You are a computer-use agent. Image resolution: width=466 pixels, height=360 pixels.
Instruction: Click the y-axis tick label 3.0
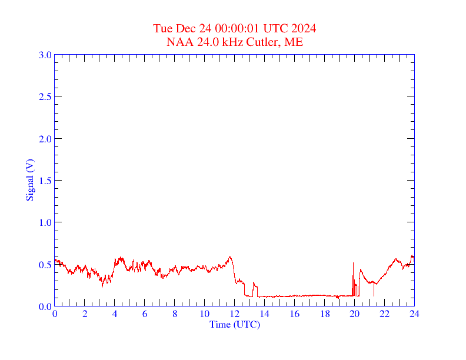click(x=45, y=55)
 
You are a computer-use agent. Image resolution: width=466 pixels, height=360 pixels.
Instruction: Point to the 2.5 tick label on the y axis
click(x=45, y=96)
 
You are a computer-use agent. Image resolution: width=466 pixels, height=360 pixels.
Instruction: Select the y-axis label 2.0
click(x=45, y=139)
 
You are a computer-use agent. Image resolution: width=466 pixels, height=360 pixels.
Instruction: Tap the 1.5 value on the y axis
click(x=45, y=181)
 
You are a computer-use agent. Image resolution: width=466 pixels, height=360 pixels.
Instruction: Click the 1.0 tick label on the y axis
click(x=45, y=222)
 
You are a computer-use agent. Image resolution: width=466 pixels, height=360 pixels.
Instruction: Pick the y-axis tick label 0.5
click(x=45, y=265)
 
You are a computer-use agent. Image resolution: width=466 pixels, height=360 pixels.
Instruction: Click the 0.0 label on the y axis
click(x=45, y=306)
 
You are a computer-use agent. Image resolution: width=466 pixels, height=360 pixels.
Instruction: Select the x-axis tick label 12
click(x=234, y=315)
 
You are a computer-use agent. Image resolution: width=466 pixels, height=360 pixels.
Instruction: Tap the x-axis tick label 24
click(x=414, y=315)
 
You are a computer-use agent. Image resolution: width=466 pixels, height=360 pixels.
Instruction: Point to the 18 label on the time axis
click(x=324, y=315)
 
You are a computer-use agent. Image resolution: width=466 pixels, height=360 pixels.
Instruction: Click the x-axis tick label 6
click(x=145, y=315)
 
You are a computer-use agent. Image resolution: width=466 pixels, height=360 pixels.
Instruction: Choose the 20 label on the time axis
click(x=354, y=315)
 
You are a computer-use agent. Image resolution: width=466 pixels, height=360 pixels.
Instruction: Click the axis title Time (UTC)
click(x=234, y=324)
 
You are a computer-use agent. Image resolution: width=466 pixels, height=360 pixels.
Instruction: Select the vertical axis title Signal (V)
click(x=30, y=179)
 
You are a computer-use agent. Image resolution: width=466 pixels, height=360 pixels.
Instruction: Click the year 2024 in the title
click(x=304, y=28)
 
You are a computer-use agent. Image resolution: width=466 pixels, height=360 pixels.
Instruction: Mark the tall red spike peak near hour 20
click(x=353, y=263)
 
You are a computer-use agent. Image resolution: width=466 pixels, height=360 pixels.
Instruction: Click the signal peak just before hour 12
click(x=230, y=256)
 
